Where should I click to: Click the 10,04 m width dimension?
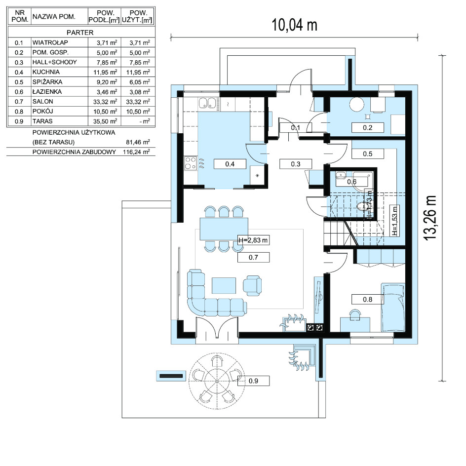point(295,25)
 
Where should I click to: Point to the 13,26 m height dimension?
point(430,218)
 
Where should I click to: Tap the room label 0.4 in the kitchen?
point(230,164)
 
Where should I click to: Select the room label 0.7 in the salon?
point(253,257)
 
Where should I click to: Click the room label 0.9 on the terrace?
point(253,381)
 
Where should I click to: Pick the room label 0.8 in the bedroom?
point(367,299)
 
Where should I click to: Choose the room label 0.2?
point(367,127)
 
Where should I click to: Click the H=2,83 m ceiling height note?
point(253,240)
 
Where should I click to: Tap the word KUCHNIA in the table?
point(46,72)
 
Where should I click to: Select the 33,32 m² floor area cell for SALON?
point(105,102)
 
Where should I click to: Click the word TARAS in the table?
point(42,121)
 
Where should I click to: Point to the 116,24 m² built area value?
point(136,152)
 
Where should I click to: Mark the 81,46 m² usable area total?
point(138,142)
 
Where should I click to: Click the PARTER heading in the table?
point(80,33)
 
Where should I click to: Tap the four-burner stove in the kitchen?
point(191,163)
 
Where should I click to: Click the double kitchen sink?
point(207,103)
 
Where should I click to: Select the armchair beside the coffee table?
point(252,285)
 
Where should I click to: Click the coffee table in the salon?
point(224,285)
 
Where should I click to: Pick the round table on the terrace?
point(217,381)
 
